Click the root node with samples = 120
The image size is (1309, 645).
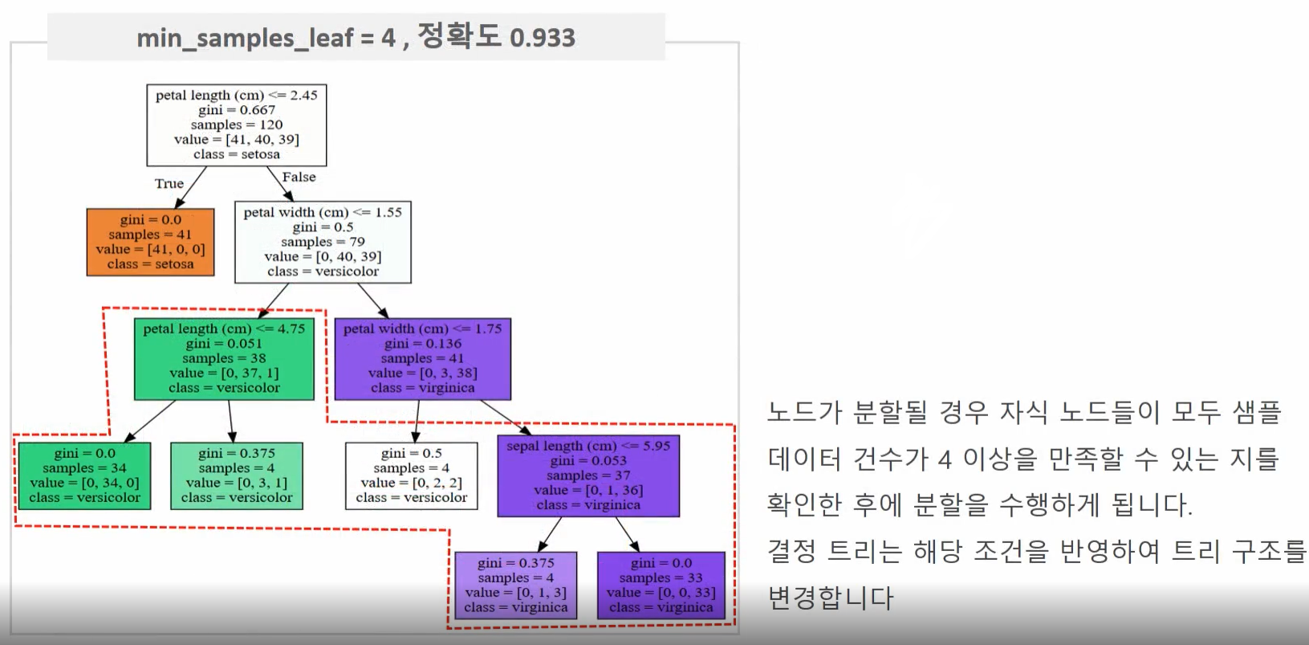point(236,125)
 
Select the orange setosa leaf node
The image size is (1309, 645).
point(150,242)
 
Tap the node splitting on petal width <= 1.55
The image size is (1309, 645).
point(323,242)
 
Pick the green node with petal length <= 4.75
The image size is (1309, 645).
point(224,358)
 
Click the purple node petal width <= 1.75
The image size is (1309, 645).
point(422,358)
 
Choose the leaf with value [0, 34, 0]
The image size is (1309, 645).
point(84,476)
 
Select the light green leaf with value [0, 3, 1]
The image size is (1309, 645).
point(236,476)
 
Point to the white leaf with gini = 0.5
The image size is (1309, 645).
point(411,476)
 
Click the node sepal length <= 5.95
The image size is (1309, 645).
point(588,476)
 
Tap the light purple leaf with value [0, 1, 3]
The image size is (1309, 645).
point(515,585)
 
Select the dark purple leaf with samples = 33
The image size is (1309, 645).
point(661,585)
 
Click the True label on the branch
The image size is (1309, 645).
point(169,184)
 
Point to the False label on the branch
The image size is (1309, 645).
point(299,177)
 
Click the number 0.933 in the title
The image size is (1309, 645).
point(543,38)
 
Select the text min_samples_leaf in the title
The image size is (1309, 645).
point(245,38)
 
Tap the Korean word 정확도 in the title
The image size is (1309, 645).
point(459,36)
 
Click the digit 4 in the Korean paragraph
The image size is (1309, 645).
point(945,459)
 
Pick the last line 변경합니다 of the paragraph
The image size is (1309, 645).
point(830,598)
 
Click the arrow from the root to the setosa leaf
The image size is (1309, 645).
point(190,187)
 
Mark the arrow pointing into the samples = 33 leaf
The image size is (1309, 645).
point(627,533)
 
